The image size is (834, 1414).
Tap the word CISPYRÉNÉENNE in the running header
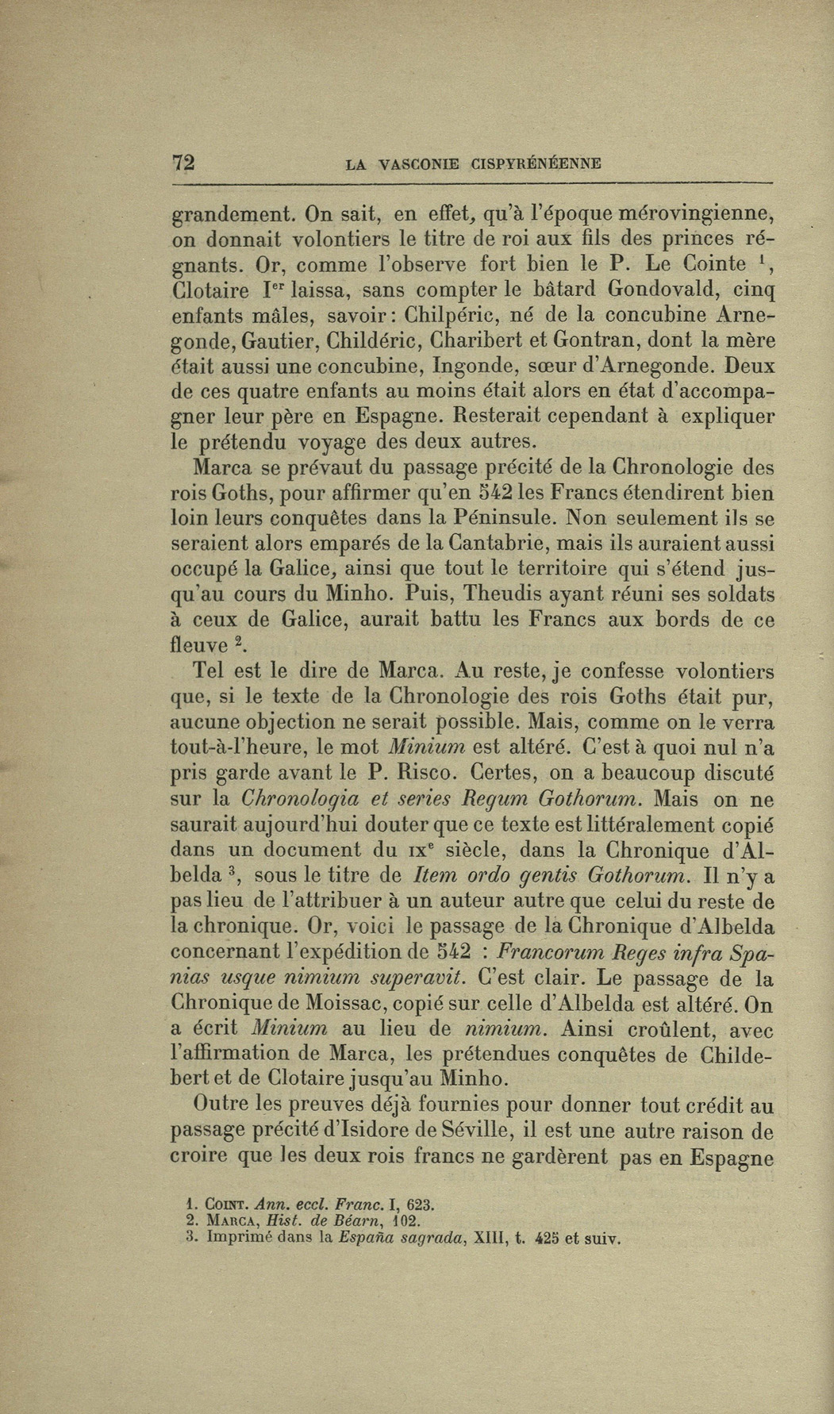pos(536,164)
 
